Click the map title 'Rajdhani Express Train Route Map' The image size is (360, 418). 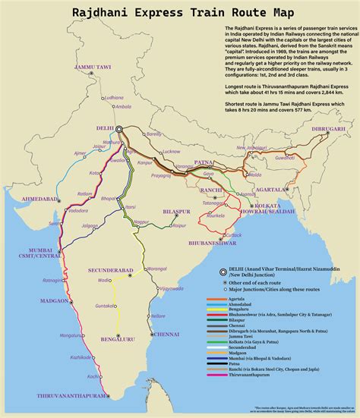[180, 12]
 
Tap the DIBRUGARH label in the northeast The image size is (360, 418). [328, 130]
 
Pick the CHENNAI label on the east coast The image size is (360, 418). [165, 334]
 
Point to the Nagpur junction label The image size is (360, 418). [141, 221]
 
